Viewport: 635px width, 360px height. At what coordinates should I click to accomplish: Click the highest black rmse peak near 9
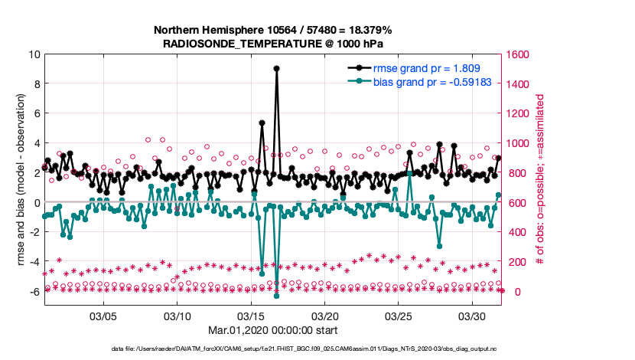[x=276, y=68]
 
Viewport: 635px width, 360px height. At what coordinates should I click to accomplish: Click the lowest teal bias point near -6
[x=276, y=296]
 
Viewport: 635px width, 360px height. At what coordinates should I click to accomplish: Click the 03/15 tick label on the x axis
[x=251, y=316]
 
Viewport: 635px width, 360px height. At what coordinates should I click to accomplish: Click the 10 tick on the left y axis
[x=34, y=54]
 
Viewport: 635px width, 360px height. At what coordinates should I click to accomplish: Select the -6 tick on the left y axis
[x=34, y=292]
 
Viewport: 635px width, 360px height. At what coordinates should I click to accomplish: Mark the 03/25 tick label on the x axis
[x=399, y=316]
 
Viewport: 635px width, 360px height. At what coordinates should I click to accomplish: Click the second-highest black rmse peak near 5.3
[x=262, y=123]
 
